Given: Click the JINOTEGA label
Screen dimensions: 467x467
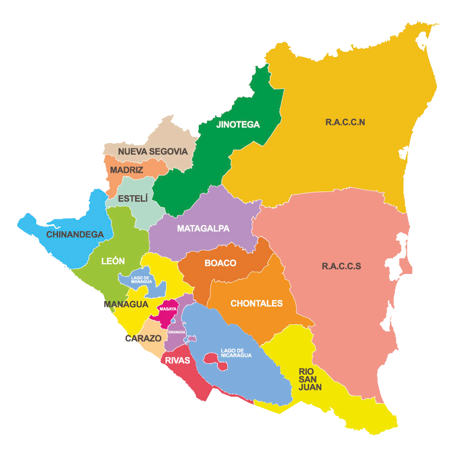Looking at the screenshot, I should point(238,125).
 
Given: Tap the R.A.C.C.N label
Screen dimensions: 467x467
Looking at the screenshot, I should point(346,122).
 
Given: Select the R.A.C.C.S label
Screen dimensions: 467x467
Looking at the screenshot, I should point(341,266).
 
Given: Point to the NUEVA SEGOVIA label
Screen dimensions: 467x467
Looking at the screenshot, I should point(153,152).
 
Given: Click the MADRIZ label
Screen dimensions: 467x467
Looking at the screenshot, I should point(127,170).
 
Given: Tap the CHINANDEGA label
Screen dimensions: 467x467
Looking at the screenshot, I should point(75,235).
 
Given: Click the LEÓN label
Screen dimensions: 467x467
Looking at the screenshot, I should point(113,261).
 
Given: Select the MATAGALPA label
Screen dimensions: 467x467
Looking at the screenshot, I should point(203,228).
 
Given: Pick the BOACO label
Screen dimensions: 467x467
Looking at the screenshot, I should point(221,263).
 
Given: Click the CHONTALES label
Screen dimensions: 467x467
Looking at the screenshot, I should point(256,303).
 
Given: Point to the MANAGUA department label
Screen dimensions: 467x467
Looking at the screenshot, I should point(126,304).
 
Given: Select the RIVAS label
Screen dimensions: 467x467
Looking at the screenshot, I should point(178,361).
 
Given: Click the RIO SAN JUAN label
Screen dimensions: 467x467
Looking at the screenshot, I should point(310,379).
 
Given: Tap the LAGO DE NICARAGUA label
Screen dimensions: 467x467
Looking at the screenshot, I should point(236,353).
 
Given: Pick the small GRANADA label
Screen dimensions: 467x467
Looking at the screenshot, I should point(176,332).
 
